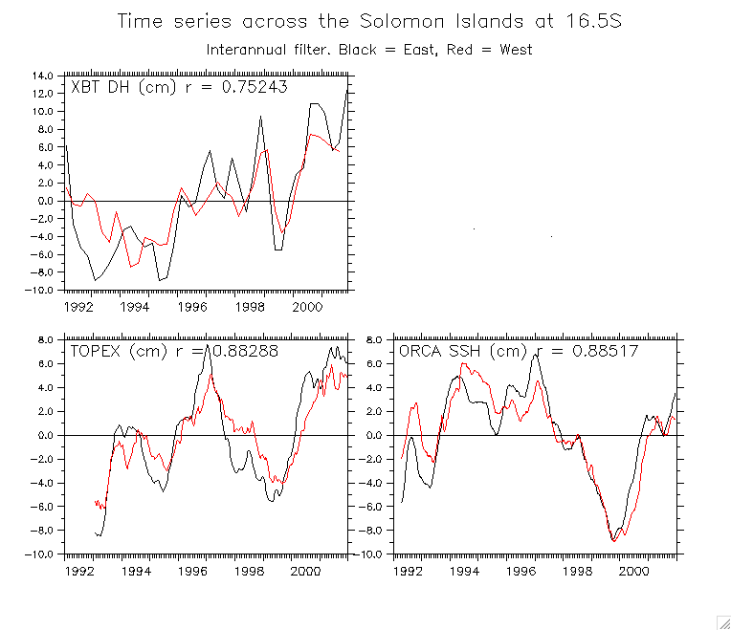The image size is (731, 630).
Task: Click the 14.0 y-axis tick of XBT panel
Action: (x=42, y=76)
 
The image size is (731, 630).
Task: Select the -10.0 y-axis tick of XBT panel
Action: (x=40, y=290)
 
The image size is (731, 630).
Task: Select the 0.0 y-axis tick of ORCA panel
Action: (x=374, y=436)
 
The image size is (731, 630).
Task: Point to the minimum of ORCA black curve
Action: (x=614, y=541)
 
